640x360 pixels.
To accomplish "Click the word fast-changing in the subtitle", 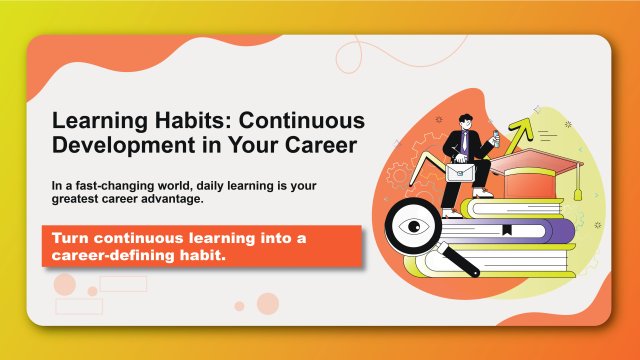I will [x=117, y=186].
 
